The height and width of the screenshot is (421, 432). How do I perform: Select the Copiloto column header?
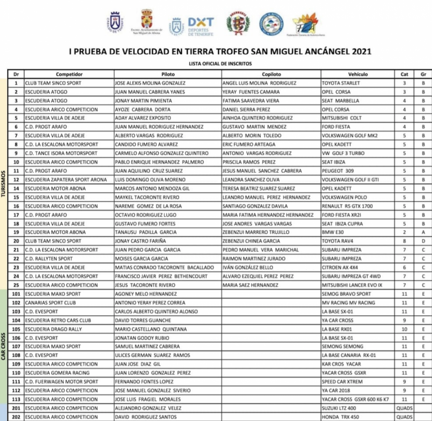[271, 74]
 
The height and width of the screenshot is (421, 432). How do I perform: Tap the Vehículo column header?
[358, 74]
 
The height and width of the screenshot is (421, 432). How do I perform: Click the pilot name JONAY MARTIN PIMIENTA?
[143, 101]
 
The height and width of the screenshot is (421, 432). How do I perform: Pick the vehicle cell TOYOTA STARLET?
[341, 83]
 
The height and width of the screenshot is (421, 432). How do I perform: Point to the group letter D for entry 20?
[423, 241]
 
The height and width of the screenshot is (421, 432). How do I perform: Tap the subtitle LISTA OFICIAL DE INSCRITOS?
[221, 64]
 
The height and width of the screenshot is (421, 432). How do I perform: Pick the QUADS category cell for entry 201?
[404, 408]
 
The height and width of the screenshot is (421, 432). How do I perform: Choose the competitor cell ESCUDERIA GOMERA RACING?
[57, 373]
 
